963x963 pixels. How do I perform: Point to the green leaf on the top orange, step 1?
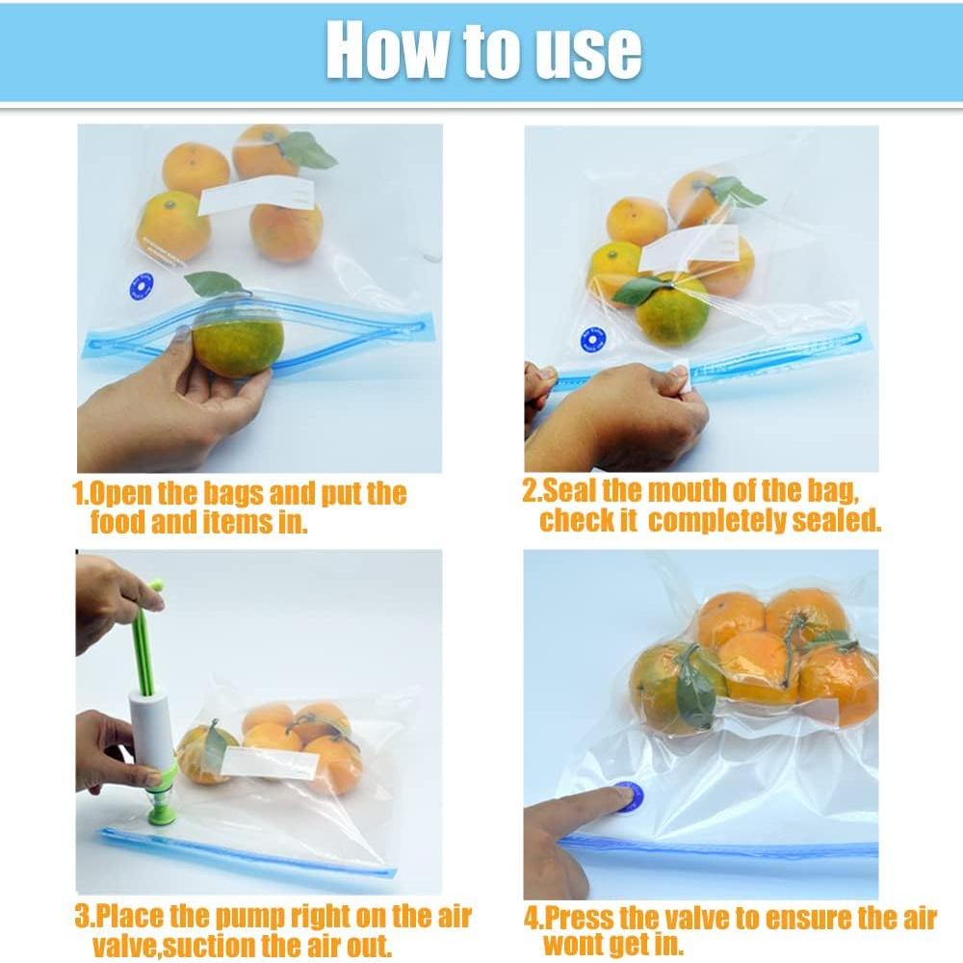tap(307, 149)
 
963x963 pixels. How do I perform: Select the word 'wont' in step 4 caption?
tap(578, 945)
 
